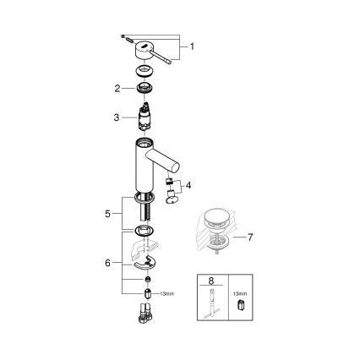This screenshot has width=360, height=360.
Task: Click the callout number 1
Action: pyautogui.click(x=192, y=46)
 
